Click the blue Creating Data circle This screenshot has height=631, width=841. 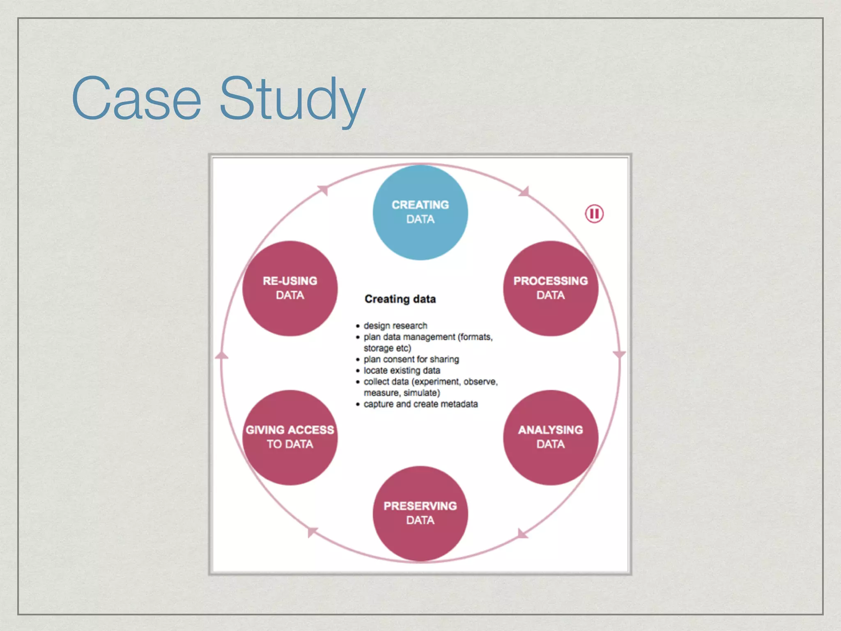[x=420, y=212]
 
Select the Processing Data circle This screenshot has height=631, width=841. [x=550, y=288]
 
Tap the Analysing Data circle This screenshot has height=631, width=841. [x=550, y=437]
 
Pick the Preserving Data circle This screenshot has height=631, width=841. [x=420, y=513]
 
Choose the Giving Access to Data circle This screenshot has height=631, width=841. [x=290, y=437]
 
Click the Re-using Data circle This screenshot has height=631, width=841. [x=290, y=288]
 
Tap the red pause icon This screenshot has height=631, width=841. [x=594, y=214]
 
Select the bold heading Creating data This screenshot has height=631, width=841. [x=400, y=299]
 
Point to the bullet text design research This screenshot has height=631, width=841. [x=395, y=326]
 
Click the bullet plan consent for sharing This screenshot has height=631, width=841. [x=411, y=359]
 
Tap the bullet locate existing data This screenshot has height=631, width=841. [x=402, y=371]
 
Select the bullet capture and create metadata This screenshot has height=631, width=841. [x=420, y=404]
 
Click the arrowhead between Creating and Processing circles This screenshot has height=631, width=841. [x=524, y=192]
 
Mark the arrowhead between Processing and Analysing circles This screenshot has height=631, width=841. [x=619, y=354]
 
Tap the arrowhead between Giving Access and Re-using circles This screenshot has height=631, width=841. [x=222, y=355]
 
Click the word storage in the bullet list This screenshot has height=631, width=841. [x=378, y=348]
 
